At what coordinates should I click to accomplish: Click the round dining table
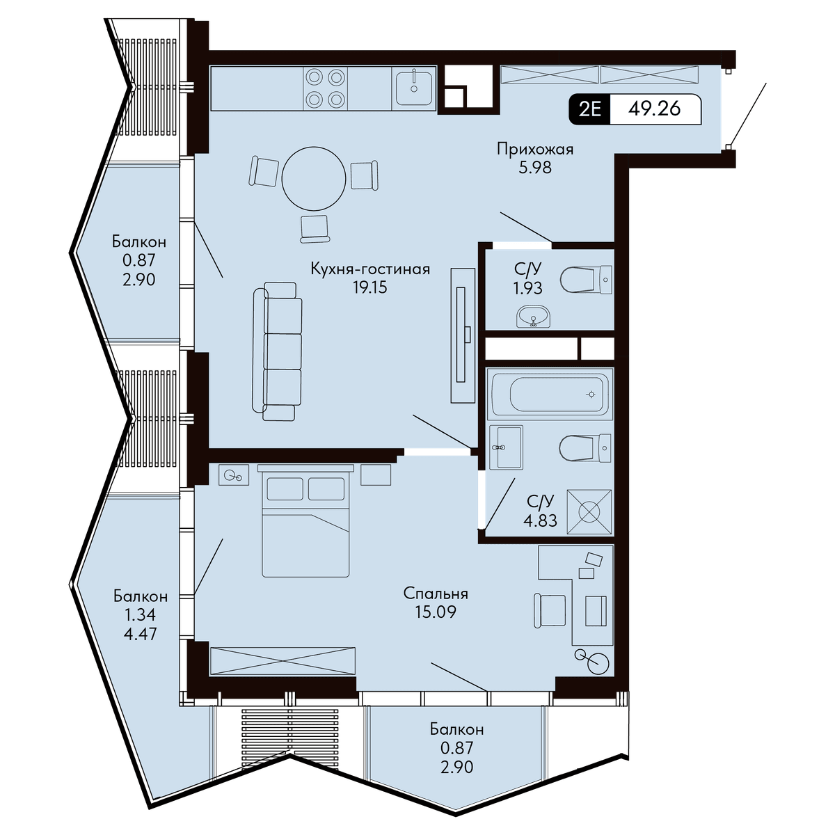click(314, 179)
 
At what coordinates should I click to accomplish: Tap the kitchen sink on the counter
click(414, 88)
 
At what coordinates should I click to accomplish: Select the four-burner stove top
click(324, 89)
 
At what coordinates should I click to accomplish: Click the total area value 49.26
click(654, 109)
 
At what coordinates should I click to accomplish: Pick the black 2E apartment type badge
click(589, 109)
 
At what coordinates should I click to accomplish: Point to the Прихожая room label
click(535, 150)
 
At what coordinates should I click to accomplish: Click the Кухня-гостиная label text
click(370, 269)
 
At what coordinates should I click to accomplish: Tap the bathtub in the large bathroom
click(550, 394)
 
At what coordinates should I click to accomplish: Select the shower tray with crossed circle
click(589, 511)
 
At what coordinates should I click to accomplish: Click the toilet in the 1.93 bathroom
click(585, 280)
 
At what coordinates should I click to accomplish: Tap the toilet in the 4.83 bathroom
click(585, 447)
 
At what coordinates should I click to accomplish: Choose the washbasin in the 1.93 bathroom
click(534, 317)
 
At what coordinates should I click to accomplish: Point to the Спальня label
click(436, 594)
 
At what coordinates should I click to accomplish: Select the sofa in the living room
click(278, 351)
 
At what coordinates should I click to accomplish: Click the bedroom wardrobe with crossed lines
click(283, 661)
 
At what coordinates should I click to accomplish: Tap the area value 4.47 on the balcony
click(140, 634)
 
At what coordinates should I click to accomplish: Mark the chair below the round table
click(315, 228)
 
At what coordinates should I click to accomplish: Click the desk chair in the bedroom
click(550, 610)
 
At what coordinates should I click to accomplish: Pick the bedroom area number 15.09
click(436, 612)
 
